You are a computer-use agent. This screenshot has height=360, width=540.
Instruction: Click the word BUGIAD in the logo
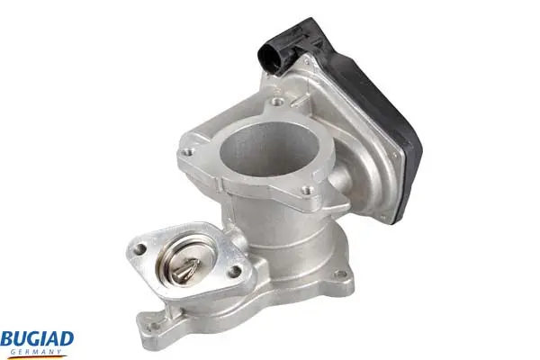pos(37,340)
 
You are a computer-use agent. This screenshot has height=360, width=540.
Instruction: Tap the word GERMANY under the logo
pos(36,352)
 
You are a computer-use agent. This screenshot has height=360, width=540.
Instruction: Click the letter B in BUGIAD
pos(6,340)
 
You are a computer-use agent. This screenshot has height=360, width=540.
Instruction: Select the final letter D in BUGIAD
pos(67,339)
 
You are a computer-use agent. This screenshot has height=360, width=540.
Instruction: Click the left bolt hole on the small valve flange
pos(139,249)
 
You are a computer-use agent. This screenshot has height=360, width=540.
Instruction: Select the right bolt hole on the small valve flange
pos(235,272)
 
